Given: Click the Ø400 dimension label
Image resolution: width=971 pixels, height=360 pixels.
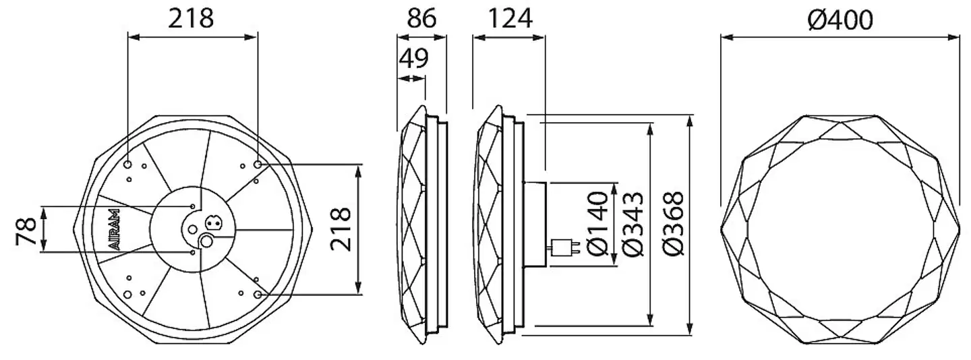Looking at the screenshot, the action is pos(840,20).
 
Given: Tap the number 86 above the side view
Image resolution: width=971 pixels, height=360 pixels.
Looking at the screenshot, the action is pos(421,19).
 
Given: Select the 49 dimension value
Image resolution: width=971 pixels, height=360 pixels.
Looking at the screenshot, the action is pos(413,58).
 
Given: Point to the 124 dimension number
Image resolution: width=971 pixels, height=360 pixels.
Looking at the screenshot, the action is pos(510,19).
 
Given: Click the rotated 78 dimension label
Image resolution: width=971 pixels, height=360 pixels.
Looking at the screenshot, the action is pos(26,231).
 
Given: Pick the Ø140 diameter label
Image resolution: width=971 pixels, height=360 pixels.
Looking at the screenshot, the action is pos(597,224).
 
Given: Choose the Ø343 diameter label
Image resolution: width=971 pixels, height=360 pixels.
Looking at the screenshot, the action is pos(632,224).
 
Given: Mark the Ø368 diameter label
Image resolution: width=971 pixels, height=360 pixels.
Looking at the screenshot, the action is pos(673,224).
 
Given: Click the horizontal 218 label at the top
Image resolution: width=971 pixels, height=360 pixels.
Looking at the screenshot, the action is pos(191,19).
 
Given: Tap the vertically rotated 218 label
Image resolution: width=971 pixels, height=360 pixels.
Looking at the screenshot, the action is pos(341,230).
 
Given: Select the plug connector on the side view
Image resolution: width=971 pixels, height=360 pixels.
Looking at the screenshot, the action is pos(564,248).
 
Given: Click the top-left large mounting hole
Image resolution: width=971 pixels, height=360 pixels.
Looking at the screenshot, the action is pos(128,164).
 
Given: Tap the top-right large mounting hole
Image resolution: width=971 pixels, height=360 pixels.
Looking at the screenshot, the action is pos(258,164).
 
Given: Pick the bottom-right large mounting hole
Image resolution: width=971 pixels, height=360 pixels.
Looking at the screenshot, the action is pos(258,295).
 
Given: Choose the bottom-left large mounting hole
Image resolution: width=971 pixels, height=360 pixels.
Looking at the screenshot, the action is pos(127,295).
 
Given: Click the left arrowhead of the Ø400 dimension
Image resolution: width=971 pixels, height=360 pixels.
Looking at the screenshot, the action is pos(727,37).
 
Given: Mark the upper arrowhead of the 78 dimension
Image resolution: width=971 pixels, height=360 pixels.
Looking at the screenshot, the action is pos(43,213).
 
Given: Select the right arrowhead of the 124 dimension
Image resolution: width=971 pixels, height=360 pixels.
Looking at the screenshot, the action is pos(538,37).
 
